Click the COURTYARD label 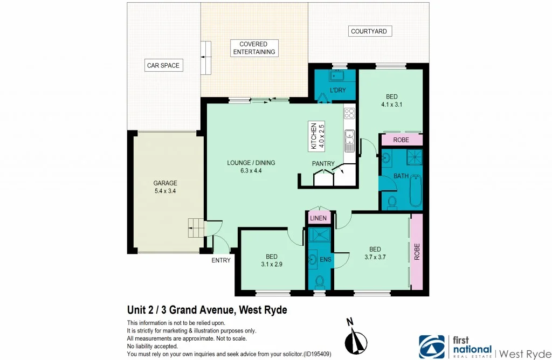(369, 31)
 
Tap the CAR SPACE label (163, 66)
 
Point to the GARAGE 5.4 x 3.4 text (165, 186)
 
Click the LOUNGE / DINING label (251, 167)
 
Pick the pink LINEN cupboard (318, 218)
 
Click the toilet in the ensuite (319, 281)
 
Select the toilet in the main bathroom (392, 202)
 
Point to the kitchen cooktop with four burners (349, 113)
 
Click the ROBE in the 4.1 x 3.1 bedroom (401, 140)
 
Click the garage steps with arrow (196, 228)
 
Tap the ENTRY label (221, 260)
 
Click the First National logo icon (432, 345)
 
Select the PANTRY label (323, 163)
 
